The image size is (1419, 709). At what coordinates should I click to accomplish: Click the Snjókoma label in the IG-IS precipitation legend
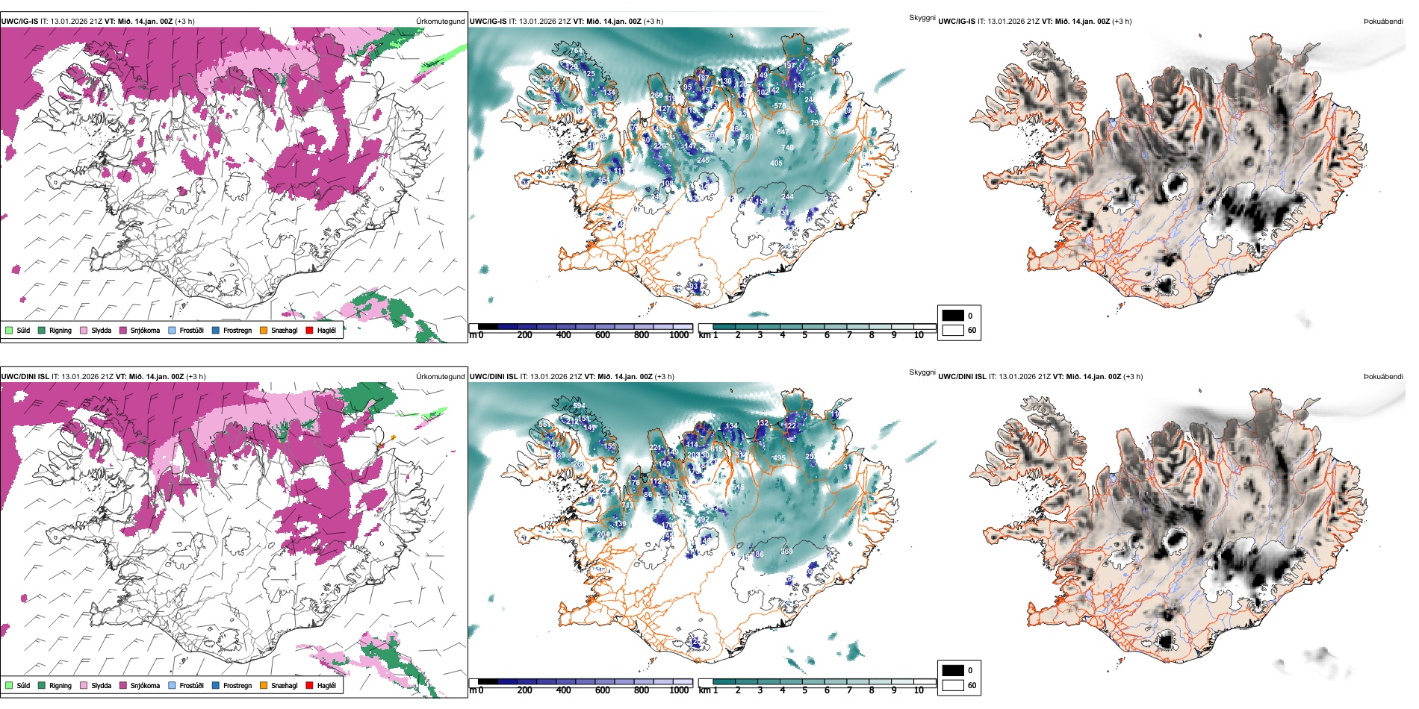(x=145, y=330)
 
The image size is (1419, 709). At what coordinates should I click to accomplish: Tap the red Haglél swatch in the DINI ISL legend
(x=309, y=685)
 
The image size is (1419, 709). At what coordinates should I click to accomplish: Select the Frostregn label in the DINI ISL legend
(x=237, y=685)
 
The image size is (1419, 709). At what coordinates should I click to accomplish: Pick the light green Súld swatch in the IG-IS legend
(x=9, y=330)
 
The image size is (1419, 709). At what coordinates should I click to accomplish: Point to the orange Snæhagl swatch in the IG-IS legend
(x=264, y=330)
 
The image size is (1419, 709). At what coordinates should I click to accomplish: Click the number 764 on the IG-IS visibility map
(x=576, y=51)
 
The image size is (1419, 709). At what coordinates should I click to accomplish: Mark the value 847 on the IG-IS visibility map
(x=783, y=132)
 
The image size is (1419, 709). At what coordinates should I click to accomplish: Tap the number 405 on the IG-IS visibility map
(x=777, y=163)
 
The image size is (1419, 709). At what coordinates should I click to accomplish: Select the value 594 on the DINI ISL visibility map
(x=579, y=406)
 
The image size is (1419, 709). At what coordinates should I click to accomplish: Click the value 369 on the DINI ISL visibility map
(x=786, y=552)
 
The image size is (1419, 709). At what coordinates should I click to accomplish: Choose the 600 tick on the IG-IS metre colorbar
(x=603, y=335)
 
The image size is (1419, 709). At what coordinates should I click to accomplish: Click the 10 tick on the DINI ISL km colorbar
(x=919, y=690)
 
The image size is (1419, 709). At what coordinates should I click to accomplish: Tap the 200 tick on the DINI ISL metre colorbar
(x=525, y=690)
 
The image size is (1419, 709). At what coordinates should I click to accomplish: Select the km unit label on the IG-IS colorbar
(x=704, y=335)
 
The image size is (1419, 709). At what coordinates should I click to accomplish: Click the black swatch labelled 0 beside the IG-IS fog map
(x=953, y=316)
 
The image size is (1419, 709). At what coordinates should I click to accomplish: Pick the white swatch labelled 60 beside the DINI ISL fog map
(x=953, y=684)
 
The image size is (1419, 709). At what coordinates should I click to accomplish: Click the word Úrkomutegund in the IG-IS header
(x=440, y=21)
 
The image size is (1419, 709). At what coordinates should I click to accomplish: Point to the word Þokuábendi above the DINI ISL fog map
(x=1384, y=376)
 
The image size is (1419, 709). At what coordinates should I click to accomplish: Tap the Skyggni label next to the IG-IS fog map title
(x=922, y=17)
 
